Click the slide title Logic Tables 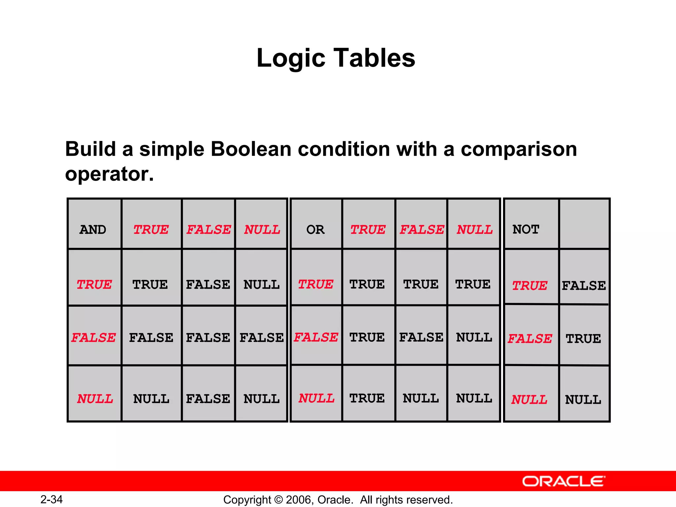(336, 58)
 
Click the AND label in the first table (93, 229)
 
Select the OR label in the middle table (315, 229)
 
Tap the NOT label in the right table (525, 229)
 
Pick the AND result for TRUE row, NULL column (261, 285)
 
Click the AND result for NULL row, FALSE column (208, 399)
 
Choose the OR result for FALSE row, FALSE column (421, 337)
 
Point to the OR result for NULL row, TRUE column (367, 398)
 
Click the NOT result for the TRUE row (584, 286)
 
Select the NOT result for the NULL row (583, 400)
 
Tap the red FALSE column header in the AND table (209, 229)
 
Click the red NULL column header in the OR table (475, 229)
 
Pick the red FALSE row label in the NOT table (530, 339)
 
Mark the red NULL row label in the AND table (95, 399)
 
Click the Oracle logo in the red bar (564, 481)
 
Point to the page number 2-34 (51, 499)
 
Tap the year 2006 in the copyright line (299, 500)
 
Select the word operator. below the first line (109, 174)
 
